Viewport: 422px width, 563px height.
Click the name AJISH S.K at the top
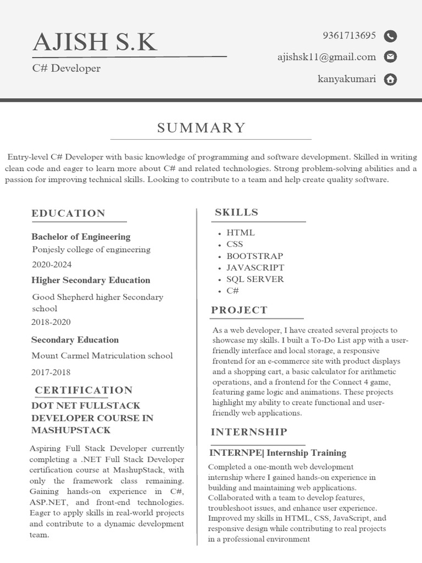click(x=95, y=42)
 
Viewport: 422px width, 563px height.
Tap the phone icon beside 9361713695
click(x=390, y=36)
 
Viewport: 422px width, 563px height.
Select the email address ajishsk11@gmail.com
click(x=326, y=57)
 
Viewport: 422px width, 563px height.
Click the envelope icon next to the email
click(x=390, y=57)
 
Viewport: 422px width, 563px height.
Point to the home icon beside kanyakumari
click(x=390, y=79)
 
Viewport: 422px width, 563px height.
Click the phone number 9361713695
click(x=349, y=36)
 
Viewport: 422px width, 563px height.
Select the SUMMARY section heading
click(x=202, y=128)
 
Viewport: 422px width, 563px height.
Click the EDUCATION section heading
click(x=68, y=213)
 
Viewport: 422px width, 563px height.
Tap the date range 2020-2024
click(x=52, y=264)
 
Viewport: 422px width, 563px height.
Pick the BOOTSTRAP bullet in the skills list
click(x=254, y=256)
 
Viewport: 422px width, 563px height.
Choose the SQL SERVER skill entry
click(x=255, y=279)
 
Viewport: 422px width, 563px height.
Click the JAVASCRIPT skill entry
click(x=255, y=268)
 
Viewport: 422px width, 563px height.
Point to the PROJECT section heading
click(x=240, y=310)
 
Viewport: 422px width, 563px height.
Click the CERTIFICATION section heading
click(x=84, y=390)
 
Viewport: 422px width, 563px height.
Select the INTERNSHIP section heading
click(x=249, y=432)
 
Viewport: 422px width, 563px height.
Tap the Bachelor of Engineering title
click(x=81, y=237)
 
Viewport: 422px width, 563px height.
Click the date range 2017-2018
click(x=51, y=372)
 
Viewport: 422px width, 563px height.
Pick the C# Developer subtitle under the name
click(x=66, y=69)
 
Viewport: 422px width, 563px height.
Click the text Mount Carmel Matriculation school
click(x=102, y=356)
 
